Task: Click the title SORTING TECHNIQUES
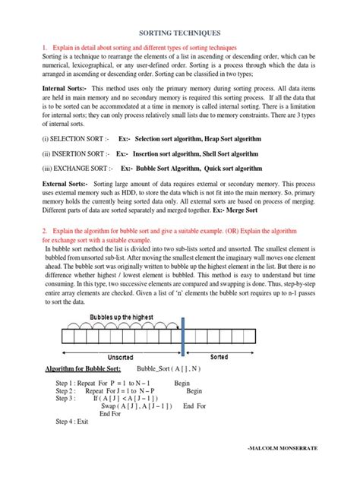[180, 34]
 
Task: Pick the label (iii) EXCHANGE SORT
[77, 167]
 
